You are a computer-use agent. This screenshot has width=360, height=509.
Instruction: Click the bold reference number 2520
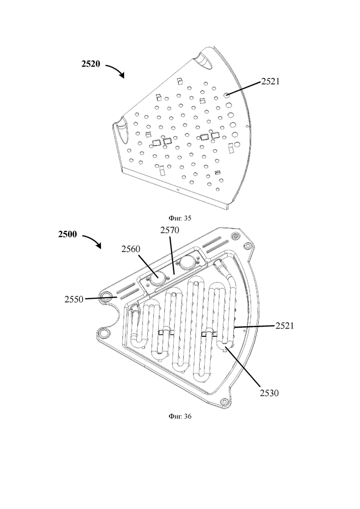[x=90, y=64]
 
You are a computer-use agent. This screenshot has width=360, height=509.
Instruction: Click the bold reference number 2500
[x=67, y=234]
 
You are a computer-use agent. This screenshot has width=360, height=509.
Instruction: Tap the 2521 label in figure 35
[x=270, y=82]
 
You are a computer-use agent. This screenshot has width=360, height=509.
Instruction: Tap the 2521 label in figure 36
[x=285, y=326]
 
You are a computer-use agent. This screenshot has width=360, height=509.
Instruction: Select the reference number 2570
[x=169, y=230]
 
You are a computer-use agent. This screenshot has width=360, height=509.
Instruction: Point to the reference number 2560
[x=131, y=249]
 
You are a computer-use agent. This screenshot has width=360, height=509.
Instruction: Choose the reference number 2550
[x=74, y=299]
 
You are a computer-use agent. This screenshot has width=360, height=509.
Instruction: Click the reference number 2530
[x=269, y=393]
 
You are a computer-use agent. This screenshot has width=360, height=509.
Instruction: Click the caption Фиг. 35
[x=180, y=218]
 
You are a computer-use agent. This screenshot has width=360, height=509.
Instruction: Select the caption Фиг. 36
[x=180, y=416]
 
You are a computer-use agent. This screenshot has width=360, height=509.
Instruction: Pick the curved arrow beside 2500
[x=92, y=240]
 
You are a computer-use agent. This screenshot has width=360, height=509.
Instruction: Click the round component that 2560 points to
[x=157, y=277]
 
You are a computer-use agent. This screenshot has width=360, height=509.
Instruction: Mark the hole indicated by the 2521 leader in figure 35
[x=227, y=95]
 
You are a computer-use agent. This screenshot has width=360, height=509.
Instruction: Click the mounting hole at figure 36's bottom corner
[x=223, y=402]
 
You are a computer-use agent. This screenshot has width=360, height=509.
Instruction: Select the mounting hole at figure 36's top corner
[x=235, y=235]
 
